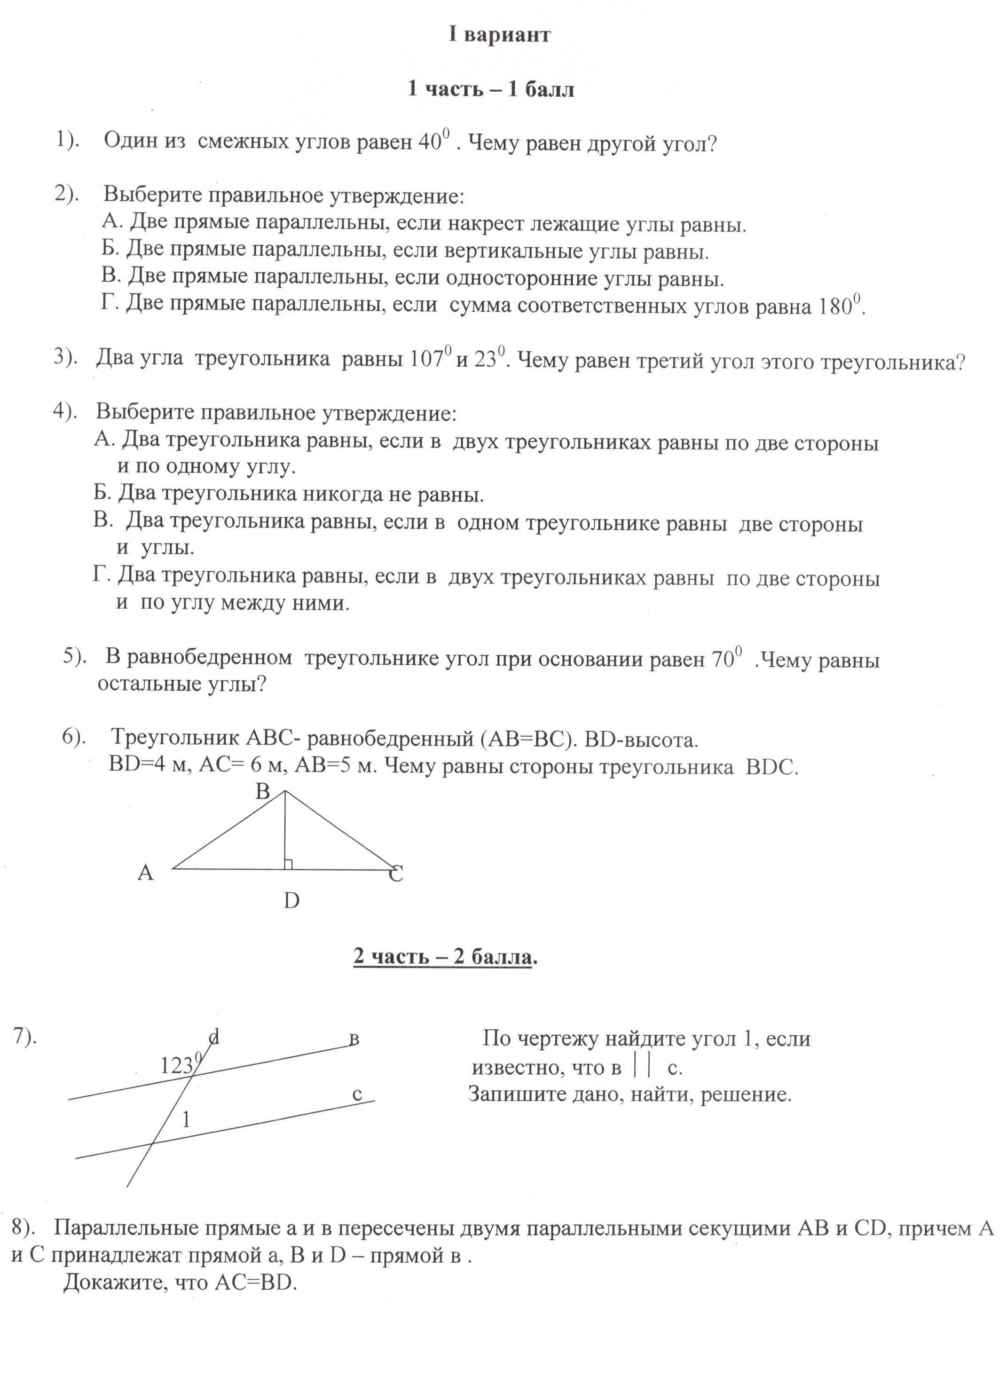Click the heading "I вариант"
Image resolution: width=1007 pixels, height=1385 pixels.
point(500,35)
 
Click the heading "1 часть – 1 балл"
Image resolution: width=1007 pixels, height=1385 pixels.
point(491,89)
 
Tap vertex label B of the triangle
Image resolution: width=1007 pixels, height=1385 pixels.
point(263,792)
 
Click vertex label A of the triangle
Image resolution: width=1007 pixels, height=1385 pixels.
point(145,873)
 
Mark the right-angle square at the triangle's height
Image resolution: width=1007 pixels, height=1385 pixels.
point(288,864)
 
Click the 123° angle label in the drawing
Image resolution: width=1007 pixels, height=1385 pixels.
point(180,1066)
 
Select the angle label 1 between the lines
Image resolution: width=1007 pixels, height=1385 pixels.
point(187,1120)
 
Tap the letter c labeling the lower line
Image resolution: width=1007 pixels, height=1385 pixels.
point(358,1095)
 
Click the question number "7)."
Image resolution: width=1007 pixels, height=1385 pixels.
point(25,1038)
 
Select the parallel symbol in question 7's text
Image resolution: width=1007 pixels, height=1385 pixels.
point(641,1067)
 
